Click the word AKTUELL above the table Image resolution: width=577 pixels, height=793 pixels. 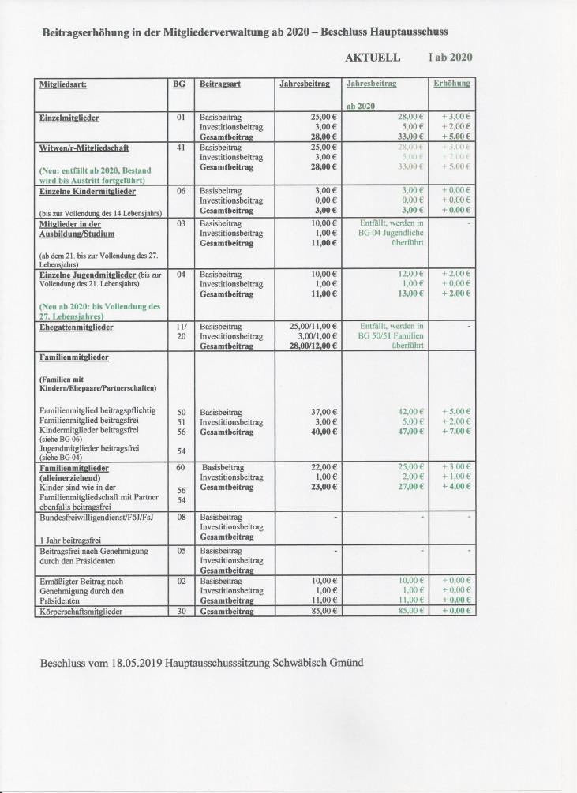pos(373,58)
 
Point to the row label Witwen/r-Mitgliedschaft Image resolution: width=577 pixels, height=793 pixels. pos(84,148)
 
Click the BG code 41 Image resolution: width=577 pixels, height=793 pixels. pos(180,148)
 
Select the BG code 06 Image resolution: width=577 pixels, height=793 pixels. pos(180,191)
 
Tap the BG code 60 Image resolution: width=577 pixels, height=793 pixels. pos(180,468)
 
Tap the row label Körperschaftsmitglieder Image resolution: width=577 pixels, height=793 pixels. pos(87,611)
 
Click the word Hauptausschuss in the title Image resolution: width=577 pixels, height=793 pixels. pos(403,32)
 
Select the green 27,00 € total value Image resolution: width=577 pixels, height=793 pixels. pos(409,488)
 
